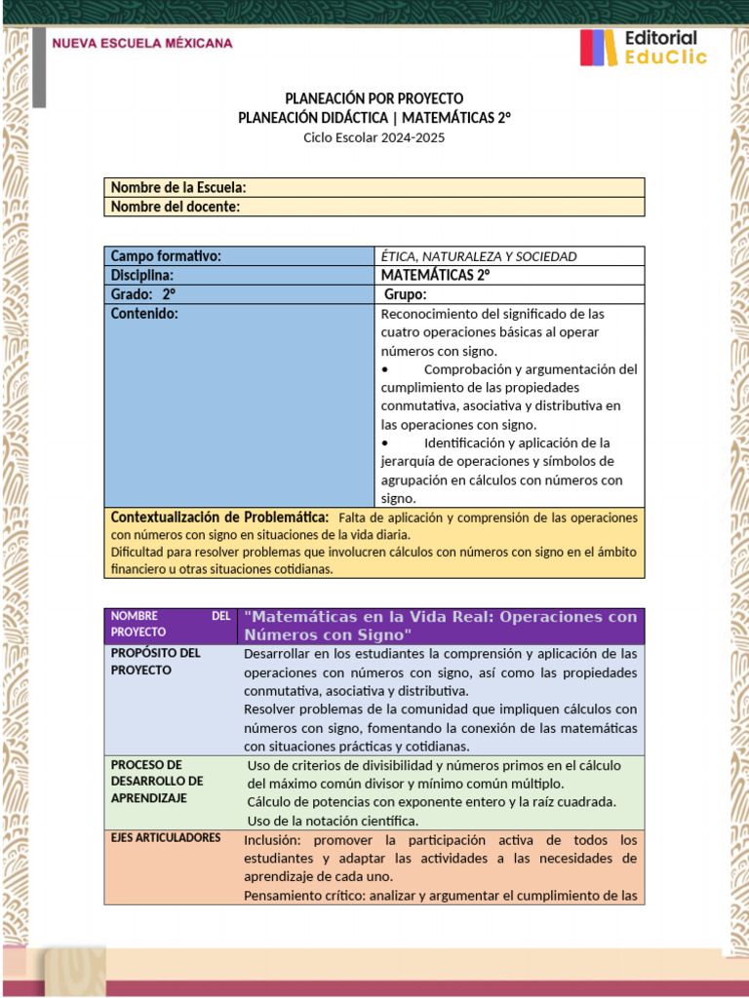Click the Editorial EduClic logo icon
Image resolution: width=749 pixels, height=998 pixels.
pos(598,48)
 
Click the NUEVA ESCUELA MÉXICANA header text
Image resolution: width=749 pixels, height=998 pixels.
pos(142,44)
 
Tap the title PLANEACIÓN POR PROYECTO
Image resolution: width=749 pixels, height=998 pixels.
pos(374,98)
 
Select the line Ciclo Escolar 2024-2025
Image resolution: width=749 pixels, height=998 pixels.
pos(374,137)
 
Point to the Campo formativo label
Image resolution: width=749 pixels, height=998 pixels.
pos(167,256)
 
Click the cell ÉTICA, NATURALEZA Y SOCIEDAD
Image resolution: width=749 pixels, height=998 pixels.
pos(479,256)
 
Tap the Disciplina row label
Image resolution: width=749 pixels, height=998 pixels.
pos(142,276)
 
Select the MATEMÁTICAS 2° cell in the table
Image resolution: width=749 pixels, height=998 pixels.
pos(435,276)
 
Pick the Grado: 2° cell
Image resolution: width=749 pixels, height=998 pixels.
pos(143,295)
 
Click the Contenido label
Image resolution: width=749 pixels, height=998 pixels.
pos(144,315)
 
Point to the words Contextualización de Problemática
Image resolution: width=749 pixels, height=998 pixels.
pos(219,517)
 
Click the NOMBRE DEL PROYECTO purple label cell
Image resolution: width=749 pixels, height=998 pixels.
pos(171,624)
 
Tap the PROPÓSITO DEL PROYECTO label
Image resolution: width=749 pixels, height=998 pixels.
pos(156,662)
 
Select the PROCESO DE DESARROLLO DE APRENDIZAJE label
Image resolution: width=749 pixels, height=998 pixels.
pos(157,782)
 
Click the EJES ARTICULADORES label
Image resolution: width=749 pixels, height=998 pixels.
pos(166,837)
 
